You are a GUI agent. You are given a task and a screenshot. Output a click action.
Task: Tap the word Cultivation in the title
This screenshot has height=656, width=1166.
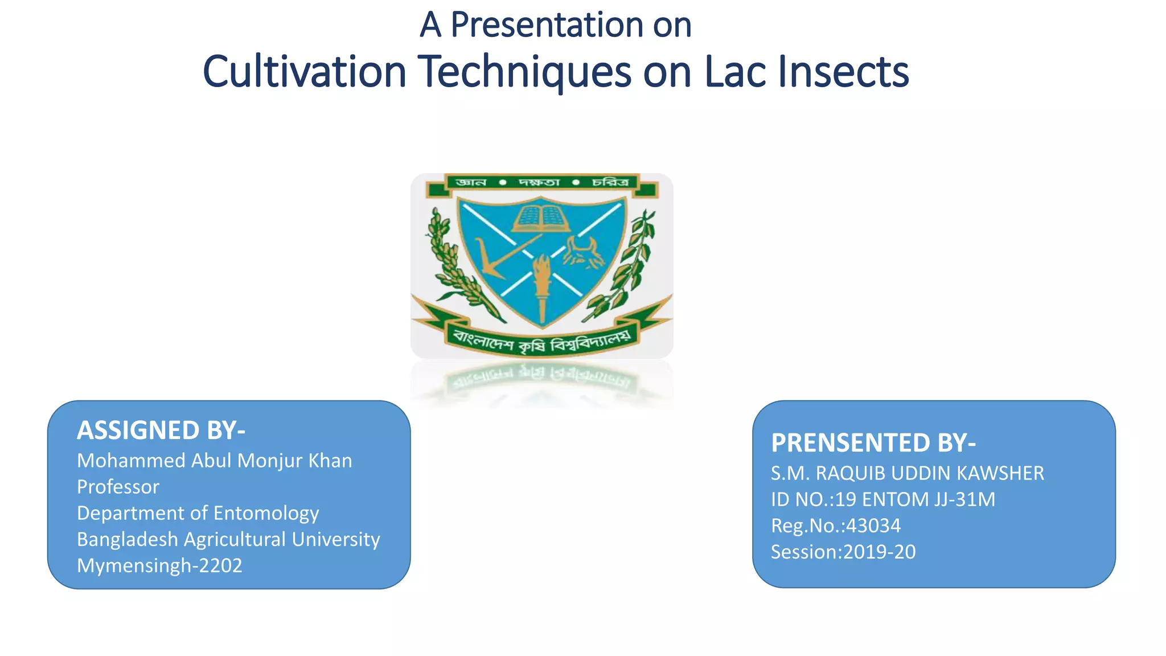click(x=304, y=72)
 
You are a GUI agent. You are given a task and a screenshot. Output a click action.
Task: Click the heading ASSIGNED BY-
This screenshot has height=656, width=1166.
click(x=161, y=430)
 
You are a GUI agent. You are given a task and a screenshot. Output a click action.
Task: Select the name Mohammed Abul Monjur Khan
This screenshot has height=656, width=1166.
click(x=214, y=461)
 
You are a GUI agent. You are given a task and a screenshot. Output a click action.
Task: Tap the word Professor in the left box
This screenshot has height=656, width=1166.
click(x=118, y=487)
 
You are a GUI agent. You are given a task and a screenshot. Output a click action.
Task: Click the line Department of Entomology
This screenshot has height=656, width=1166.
click(x=198, y=513)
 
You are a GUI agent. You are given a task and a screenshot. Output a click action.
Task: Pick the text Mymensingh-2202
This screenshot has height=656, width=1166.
click(x=159, y=565)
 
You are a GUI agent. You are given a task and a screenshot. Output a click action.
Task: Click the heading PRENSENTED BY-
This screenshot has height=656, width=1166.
click(x=873, y=443)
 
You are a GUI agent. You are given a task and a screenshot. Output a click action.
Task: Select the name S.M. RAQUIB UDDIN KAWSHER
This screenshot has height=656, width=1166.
click(x=907, y=473)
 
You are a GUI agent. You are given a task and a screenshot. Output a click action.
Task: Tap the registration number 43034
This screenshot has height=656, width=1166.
click(x=873, y=526)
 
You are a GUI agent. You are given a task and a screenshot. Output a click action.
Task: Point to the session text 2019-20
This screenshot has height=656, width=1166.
click(x=879, y=552)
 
